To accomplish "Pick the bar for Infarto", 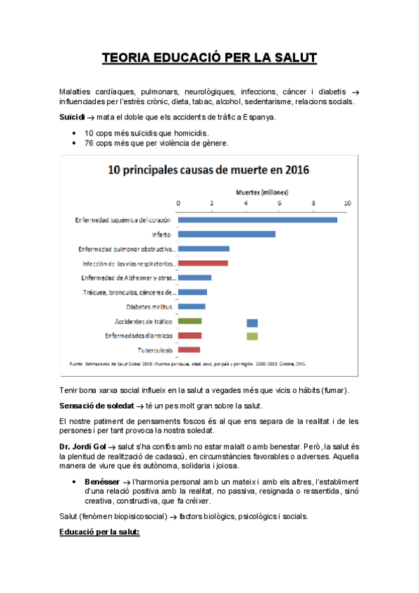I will pyautogui.click(x=227, y=234).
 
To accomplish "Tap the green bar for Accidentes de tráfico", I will pyautogui.click(x=190, y=321).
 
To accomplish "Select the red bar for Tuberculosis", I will pyautogui.click(x=189, y=350).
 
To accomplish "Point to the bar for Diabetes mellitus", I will pyautogui.click(x=192, y=306).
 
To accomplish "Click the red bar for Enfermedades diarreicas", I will pyautogui.click(x=190, y=336).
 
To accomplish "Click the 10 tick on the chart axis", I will pyautogui.click(x=346, y=203).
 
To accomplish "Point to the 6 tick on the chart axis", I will pyautogui.click(x=279, y=203).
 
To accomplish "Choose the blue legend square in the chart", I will pyautogui.click(x=252, y=323).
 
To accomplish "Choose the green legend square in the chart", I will pyautogui.click(x=252, y=336).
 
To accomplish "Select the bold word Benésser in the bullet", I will pyautogui.click(x=102, y=482).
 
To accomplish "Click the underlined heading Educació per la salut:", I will pyautogui.click(x=100, y=532).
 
